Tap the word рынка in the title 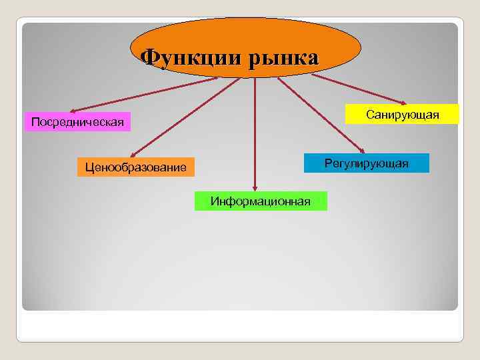285,57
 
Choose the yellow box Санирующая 402,115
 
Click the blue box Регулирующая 366,163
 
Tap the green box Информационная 261,201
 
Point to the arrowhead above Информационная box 255,189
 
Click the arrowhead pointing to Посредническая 73,110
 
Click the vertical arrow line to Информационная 255,133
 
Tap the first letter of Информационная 214,201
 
